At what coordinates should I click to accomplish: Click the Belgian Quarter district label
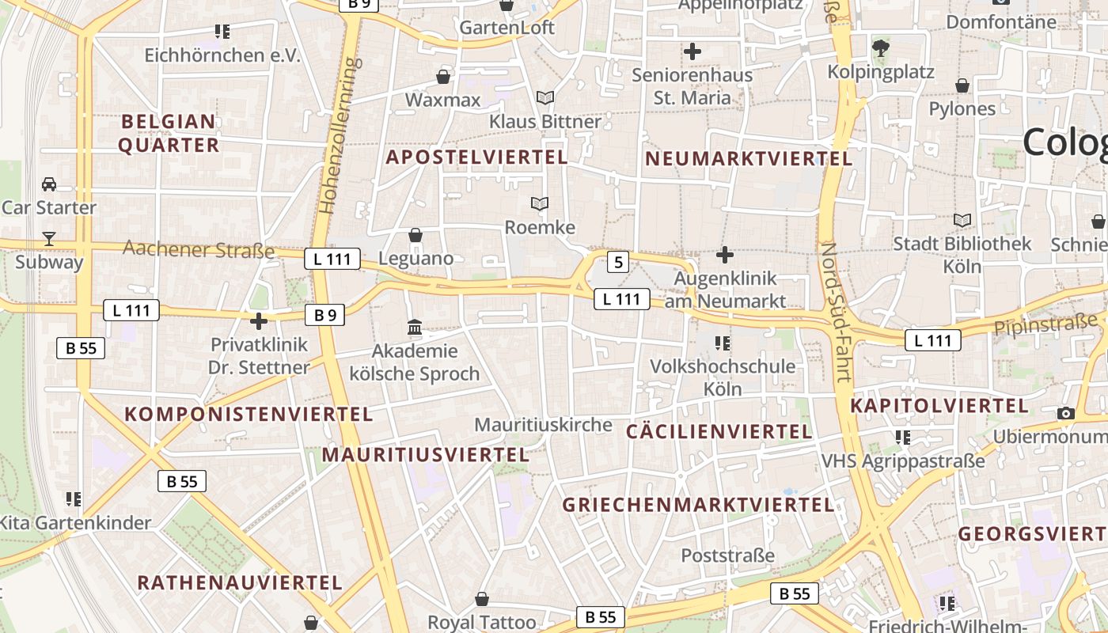(168, 133)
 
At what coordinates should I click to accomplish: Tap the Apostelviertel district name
(476, 157)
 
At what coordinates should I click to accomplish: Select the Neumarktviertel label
(749, 158)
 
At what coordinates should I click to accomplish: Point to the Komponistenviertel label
(249, 414)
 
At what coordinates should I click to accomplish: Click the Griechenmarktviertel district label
(698, 505)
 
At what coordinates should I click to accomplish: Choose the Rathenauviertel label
(240, 583)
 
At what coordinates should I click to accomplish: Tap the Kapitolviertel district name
(939, 406)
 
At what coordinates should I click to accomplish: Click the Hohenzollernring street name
(340, 135)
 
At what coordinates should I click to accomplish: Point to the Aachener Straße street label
(199, 250)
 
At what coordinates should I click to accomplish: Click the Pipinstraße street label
(1045, 324)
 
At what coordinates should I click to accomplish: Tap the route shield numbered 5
(618, 262)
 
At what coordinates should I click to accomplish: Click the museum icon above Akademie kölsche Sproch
(415, 327)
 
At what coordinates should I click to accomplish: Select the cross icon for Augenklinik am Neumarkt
(724, 255)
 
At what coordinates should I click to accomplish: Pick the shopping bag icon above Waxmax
(443, 77)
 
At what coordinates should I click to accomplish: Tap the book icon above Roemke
(540, 204)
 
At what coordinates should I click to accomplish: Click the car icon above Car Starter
(49, 184)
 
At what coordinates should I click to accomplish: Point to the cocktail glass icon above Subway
(49, 238)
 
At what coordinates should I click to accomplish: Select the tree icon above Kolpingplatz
(880, 49)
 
